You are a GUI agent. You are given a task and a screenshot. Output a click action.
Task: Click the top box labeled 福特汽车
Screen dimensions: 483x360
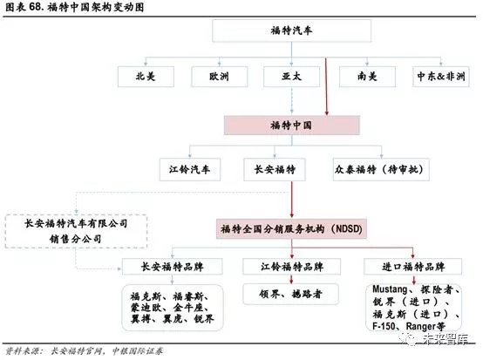pyautogui.click(x=291, y=31)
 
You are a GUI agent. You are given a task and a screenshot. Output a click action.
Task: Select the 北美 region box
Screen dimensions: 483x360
pyautogui.click(x=146, y=77)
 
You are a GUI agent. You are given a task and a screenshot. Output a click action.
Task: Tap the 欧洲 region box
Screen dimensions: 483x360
pyautogui.click(x=220, y=77)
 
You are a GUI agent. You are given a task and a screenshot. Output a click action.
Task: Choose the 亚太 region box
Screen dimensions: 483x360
pyautogui.click(x=292, y=77)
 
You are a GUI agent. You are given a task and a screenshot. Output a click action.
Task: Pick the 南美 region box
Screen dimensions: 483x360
pyautogui.click(x=367, y=77)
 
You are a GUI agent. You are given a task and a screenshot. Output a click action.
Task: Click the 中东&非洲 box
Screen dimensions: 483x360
pyautogui.click(x=441, y=77)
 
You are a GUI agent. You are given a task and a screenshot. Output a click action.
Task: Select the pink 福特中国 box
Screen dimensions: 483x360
pyautogui.click(x=291, y=126)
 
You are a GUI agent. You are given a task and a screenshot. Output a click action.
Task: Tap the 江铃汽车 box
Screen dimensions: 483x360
pyautogui.click(x=190, y=169)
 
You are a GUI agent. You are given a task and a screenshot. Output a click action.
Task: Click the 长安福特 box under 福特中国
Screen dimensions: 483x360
pyautogui.click(x=275, y=169)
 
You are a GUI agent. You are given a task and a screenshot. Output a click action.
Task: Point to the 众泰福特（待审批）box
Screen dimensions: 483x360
pyautogui.click(x=381, y=169)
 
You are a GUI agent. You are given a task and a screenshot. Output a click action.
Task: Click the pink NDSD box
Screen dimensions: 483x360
pyautogui.click(x=291, y=228)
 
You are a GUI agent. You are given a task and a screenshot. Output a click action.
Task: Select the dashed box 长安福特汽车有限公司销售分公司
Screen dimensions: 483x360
pyautogui.click(x=76, y=231)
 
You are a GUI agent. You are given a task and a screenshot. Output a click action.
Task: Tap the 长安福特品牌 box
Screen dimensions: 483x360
pyautogui.click(x=173, y=267)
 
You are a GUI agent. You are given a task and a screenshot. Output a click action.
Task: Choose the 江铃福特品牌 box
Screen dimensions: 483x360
pyautogui.click(x=291, y=267)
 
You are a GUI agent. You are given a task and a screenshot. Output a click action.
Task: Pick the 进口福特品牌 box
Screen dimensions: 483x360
pyautogui.click(x=412, y=267)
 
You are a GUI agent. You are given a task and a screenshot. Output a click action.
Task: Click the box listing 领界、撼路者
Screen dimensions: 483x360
pyautogui.click(x=291, y=294)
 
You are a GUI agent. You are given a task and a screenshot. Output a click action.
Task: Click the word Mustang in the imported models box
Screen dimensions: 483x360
pyautogui.click(x=390, y=289)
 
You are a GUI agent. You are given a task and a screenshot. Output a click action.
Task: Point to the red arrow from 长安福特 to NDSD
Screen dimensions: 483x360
pyautogui.click(x=292, y=200)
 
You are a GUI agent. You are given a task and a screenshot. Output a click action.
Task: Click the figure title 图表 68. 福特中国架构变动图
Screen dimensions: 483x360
pyautogui.click(x=75, y=7)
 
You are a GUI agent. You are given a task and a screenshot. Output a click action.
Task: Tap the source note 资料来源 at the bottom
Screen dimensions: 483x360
pyautogui.click(x=84, y=351)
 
